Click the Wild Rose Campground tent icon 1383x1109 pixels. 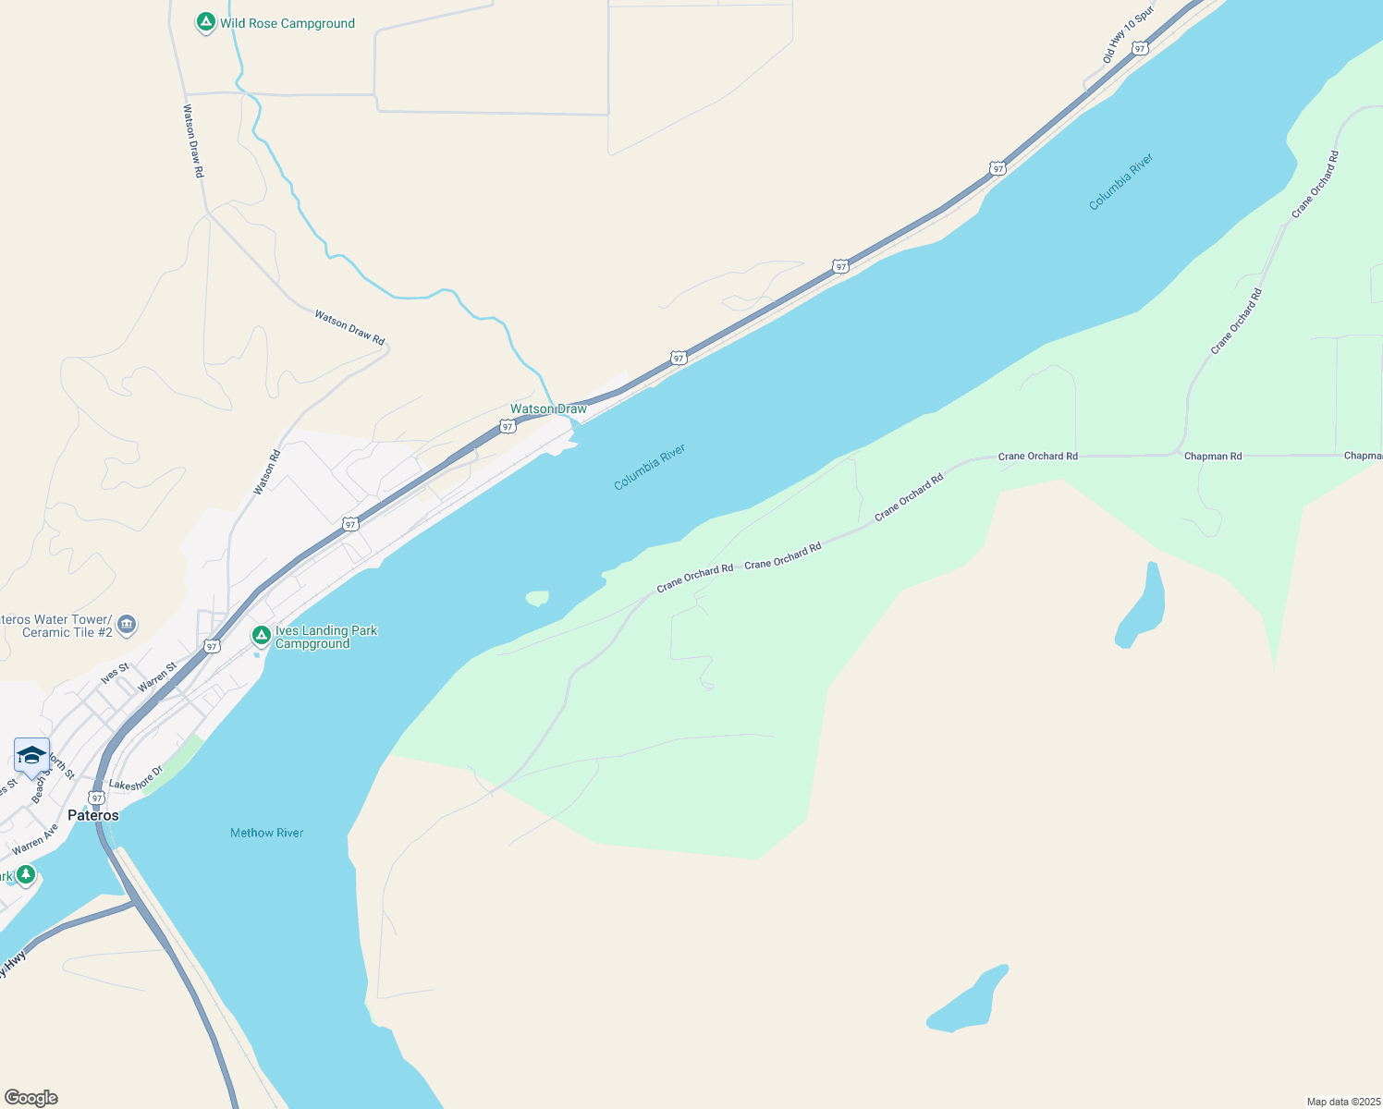206,22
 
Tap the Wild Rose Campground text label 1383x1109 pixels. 288,23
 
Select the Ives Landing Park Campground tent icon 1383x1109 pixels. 262,636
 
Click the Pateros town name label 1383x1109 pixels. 93,815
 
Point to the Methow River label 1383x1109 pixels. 266,833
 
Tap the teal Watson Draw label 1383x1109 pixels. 548,408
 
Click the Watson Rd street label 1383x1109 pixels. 267,471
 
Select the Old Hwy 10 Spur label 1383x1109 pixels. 1128,36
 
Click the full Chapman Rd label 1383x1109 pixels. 1213,456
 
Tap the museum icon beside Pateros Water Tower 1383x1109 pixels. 128,625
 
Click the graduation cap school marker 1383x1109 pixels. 31,756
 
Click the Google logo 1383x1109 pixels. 31,1098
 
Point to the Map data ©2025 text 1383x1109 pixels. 1343,1102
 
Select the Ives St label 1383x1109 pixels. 116,673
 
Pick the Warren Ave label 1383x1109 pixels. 35,839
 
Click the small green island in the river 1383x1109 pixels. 537,598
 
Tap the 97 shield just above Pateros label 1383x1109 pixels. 97,797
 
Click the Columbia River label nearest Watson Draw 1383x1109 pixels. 649,467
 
